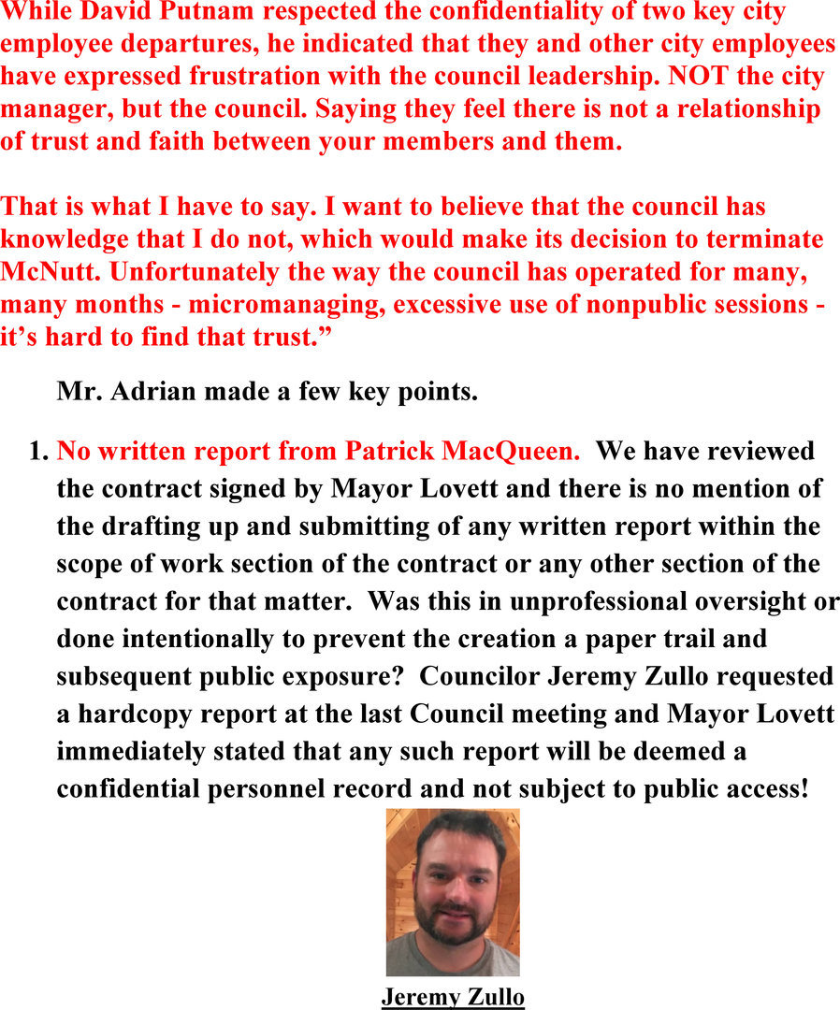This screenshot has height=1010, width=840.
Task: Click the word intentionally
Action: (x=197, y=639)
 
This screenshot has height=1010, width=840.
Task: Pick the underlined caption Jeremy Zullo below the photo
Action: (x=453, y=997)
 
